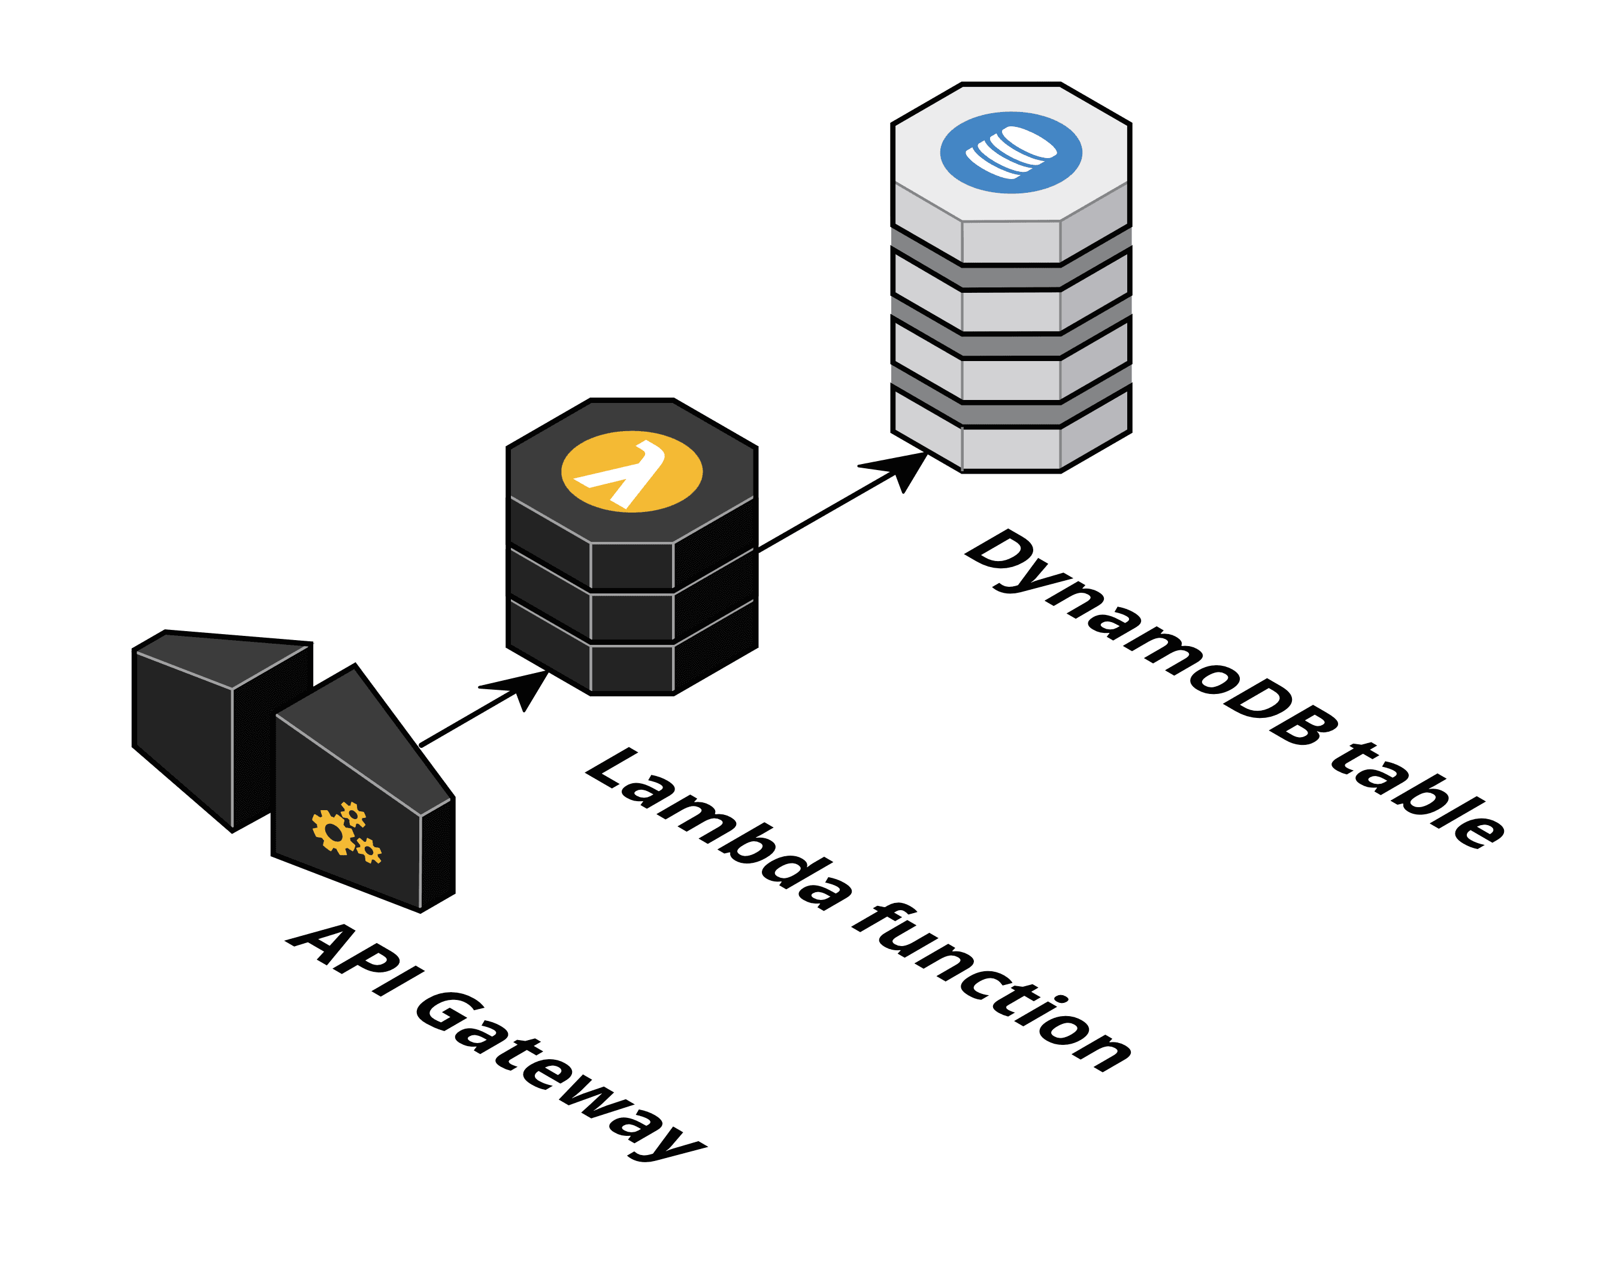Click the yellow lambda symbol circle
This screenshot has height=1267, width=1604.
pos(631,471)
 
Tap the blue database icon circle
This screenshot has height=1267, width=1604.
pos(1010,153)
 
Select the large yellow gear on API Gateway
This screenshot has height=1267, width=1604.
pos(334,832)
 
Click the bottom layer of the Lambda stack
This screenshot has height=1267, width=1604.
pos(631,668)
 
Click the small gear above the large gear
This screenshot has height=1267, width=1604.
pos(353,814)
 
